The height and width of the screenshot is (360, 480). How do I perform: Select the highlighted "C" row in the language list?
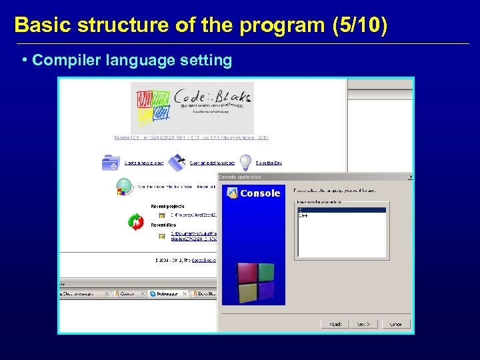coord(341,210)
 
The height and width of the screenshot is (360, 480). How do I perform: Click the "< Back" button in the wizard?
coord(334,324)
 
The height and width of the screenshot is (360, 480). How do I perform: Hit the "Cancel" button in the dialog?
coord(395,324)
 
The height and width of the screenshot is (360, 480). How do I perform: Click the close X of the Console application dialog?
coord(410,177)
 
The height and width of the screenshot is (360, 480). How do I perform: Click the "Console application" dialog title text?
coord(241,177)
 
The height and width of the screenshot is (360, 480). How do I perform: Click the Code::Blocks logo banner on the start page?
coord(192,107)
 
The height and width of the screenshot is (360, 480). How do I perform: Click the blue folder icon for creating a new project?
coord(110,162)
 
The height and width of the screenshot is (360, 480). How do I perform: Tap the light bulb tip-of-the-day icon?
coord(245,162)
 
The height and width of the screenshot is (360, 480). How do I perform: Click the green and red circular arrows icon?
coord(136,221)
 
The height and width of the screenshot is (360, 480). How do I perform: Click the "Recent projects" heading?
coord(167,207)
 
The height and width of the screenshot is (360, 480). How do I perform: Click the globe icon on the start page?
coord(125,187)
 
